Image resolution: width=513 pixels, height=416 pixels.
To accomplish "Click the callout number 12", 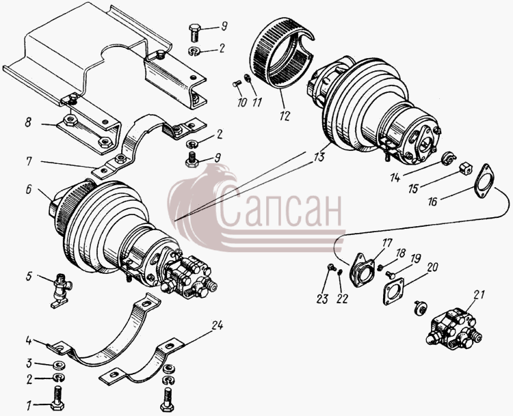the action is [x=285, y=115].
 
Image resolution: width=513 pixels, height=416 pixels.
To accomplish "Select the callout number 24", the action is [x=218, y=325].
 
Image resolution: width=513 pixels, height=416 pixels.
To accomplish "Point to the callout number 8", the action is [x=29, y=122].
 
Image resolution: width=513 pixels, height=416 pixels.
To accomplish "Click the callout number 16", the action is [x=432, y=202].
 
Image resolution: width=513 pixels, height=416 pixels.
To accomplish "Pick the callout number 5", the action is [x=29, y=277].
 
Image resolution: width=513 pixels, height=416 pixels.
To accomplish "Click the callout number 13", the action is [x=319, y=157].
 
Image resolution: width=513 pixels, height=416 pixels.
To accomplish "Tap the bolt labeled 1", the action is [x=57, y=398].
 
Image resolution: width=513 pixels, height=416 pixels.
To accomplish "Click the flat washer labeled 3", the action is [x=59, y=363].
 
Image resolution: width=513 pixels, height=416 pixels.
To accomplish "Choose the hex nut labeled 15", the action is [x=466, y=169].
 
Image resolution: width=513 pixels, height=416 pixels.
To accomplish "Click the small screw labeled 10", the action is [x=237, y=84].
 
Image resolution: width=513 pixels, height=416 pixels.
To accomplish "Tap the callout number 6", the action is [x=29, y=189].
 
